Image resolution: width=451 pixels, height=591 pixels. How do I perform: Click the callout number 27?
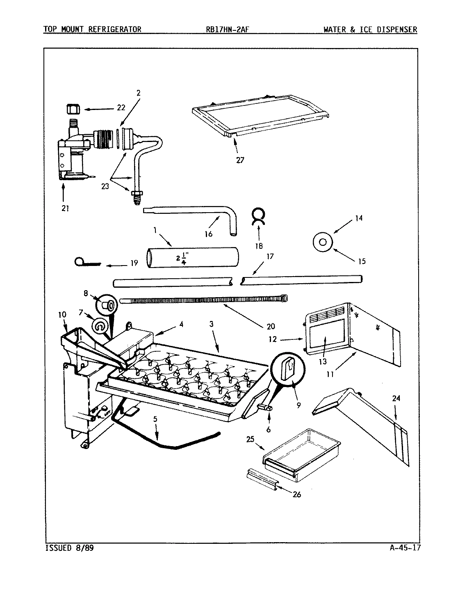pos(240,160)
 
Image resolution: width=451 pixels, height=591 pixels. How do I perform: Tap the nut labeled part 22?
pos(72,110)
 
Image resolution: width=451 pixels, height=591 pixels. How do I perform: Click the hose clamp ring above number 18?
pos(259,216)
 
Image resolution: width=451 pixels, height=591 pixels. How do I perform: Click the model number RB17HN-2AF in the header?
pos(232,29)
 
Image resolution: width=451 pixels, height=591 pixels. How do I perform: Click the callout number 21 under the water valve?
pos(65,208)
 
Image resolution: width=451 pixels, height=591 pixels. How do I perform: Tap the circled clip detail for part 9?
pos(291,367)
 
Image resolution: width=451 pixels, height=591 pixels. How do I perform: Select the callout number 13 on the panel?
pos(323,361)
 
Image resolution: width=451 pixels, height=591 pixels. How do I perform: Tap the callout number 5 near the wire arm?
pos(155,420)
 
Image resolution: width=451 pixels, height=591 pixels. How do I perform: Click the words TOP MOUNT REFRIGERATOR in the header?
pos(92,29)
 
